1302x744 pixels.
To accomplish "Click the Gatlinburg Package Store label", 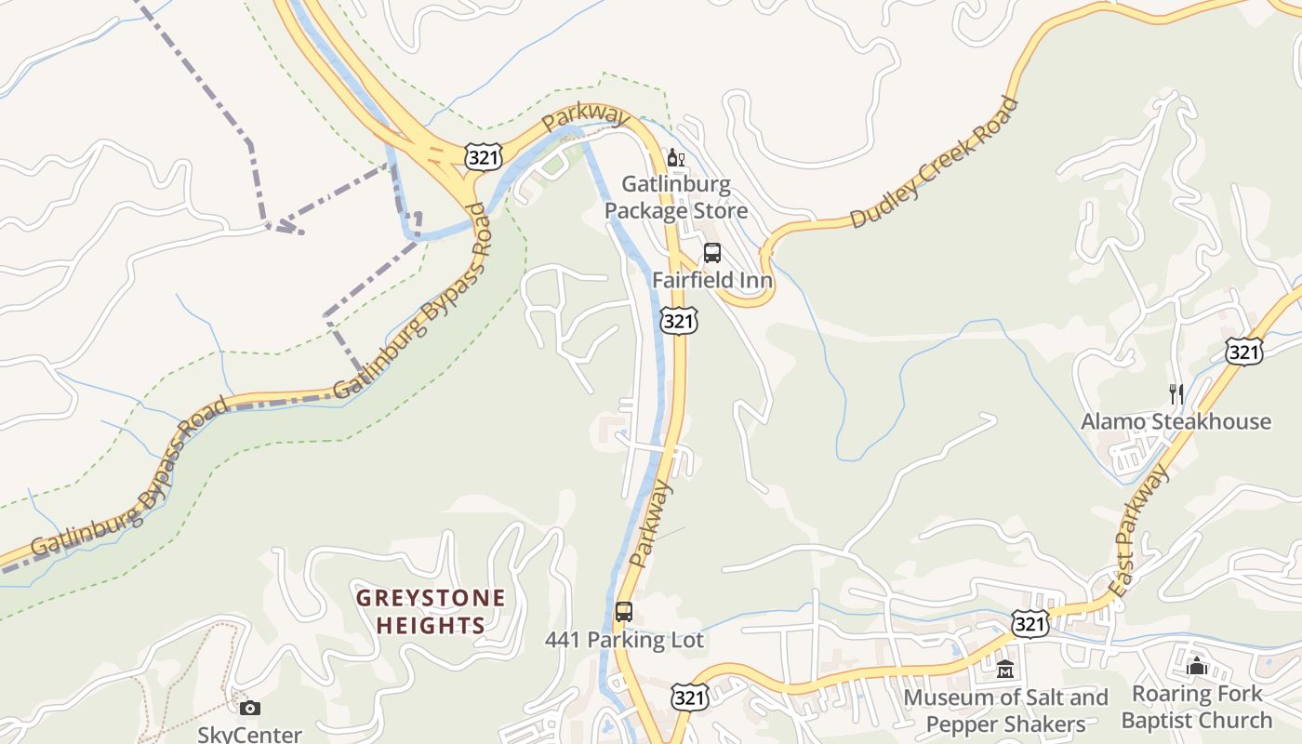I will click(676, 197).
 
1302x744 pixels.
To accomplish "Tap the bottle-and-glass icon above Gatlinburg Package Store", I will click(676, 158).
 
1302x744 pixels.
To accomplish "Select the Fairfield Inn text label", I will click(711, 280).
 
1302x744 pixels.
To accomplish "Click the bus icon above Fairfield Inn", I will click(712, 253).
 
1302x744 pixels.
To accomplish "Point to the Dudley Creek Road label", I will click(934, 164).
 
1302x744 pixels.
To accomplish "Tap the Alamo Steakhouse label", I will click(1176, 421).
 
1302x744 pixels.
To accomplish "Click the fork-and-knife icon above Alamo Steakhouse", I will click(1176, 394).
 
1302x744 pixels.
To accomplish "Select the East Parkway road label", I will click(1140, 531).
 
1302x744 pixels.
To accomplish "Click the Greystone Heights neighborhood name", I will click(432, 611).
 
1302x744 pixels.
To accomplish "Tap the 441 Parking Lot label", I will click(624, 640).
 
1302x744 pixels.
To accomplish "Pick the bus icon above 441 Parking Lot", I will click(624, 612).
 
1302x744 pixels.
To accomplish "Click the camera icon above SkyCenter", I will click(249, 709).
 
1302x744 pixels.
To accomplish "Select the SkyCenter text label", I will click(249, 734).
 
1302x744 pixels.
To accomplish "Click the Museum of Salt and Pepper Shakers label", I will click(1005, 711).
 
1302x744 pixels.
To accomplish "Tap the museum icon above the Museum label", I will click(1005, 669).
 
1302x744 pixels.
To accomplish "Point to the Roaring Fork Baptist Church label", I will click(1197, 707).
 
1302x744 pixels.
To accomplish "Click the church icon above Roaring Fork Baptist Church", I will click(1197, 666).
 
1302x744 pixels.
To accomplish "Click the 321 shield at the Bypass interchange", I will click(485, 157).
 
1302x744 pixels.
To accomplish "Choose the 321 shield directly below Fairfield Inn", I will click(679, 321).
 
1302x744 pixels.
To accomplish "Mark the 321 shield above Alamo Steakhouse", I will click(1243, 351).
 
